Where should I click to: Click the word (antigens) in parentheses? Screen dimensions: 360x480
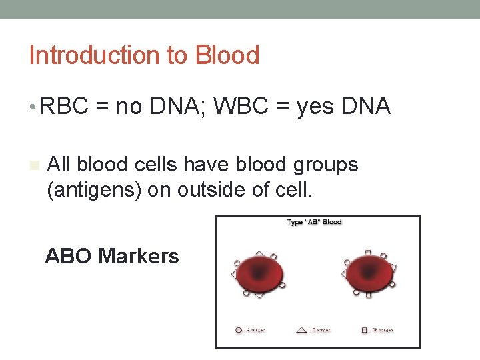tap(93, 190)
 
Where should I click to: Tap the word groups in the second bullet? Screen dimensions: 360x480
tap(325, 164)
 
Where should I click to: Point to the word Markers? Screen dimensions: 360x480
tap(139, 256)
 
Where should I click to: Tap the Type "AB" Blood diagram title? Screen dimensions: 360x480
tap(314, 223)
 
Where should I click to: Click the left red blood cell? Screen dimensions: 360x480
tap(259, 273)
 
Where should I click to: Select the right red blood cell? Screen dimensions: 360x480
tap(369, 273)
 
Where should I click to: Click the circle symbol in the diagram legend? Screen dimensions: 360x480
tap(239, 329)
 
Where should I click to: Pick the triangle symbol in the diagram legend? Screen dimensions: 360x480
tap(301, 329)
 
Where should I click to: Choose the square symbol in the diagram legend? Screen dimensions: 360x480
tap(364, 329)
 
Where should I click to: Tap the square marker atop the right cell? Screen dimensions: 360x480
tap(368, 253)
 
